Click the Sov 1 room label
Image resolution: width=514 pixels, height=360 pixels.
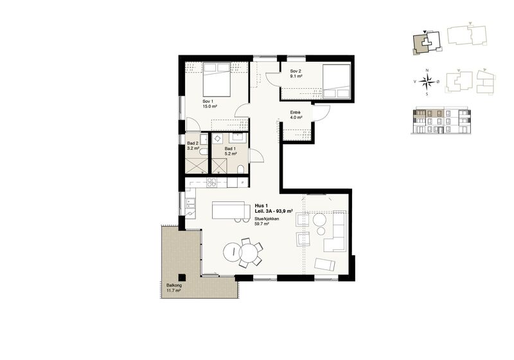[x=210, y=104]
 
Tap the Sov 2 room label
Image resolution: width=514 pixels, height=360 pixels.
[x=296, y=73]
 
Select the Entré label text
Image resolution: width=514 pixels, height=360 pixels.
[x=296, y=115]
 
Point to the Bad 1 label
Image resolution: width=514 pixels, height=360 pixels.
[x=230, y=151]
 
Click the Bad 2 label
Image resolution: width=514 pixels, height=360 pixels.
[x=193, y=145]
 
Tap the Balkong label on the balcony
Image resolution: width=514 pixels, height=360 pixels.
[x=173, y=288]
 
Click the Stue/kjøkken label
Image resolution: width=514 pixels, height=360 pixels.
[x=267, y=221]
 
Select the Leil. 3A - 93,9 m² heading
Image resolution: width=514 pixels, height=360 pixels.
[x=274, y=212]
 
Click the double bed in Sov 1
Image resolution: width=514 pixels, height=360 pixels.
[x=217, y=80]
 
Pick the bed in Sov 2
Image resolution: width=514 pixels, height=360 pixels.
[x=336, y=81]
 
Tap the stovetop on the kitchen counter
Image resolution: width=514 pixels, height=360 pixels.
[x=211, y=183]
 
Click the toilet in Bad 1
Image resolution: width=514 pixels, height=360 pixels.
[x=240, y=170]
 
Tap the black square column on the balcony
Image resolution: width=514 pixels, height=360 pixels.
[x=182, y=277]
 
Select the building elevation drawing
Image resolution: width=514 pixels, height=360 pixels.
[x=441, y=120]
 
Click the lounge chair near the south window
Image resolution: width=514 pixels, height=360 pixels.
[x=325, y=264]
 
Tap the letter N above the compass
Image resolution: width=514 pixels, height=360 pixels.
[x=427, y=70]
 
